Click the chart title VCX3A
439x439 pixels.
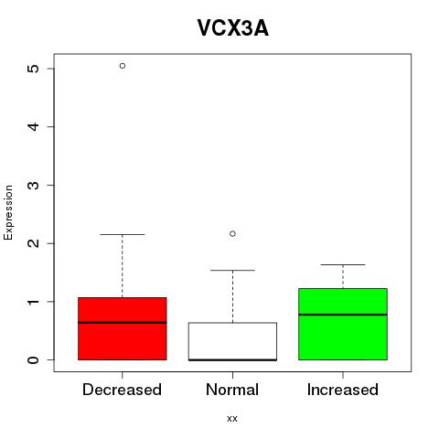[x=233, y=28]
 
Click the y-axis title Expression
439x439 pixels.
[x=8, y=212]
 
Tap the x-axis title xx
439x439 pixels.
[x=232, y=418]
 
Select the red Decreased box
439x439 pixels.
[x=123, y=328]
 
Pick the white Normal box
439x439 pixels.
[x=232, y=341]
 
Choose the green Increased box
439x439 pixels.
[x=343, y=324]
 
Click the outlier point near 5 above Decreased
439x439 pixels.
[x=123, y=66]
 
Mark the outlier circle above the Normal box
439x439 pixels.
[x=232, y=234]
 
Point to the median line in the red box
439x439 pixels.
[x=123, y=322]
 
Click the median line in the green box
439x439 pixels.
[x=343, y=315]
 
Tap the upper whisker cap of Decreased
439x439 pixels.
[x=123, y=234]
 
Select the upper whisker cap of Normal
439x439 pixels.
[x=232, y=270]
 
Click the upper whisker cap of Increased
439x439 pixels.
[x=343, y=264]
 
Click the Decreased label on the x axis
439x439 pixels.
[x=122, y=390]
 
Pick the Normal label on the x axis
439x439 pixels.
[x=232, y=390]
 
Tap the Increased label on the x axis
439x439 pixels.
[x=343, y=390]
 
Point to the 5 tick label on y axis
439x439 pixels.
[x=33, y=69]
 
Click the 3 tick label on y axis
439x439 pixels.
[x=33, y=185]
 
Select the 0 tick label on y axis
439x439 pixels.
[x=33, y=360]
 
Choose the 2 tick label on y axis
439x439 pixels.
[x=33, y=243]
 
